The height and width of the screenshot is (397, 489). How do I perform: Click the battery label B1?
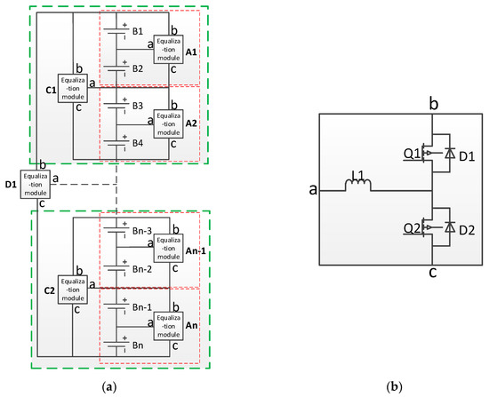(x=137, y=30)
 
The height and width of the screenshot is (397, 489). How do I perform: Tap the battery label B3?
(x=137, y=105)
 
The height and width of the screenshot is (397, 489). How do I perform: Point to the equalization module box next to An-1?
(x=170, y=248)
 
